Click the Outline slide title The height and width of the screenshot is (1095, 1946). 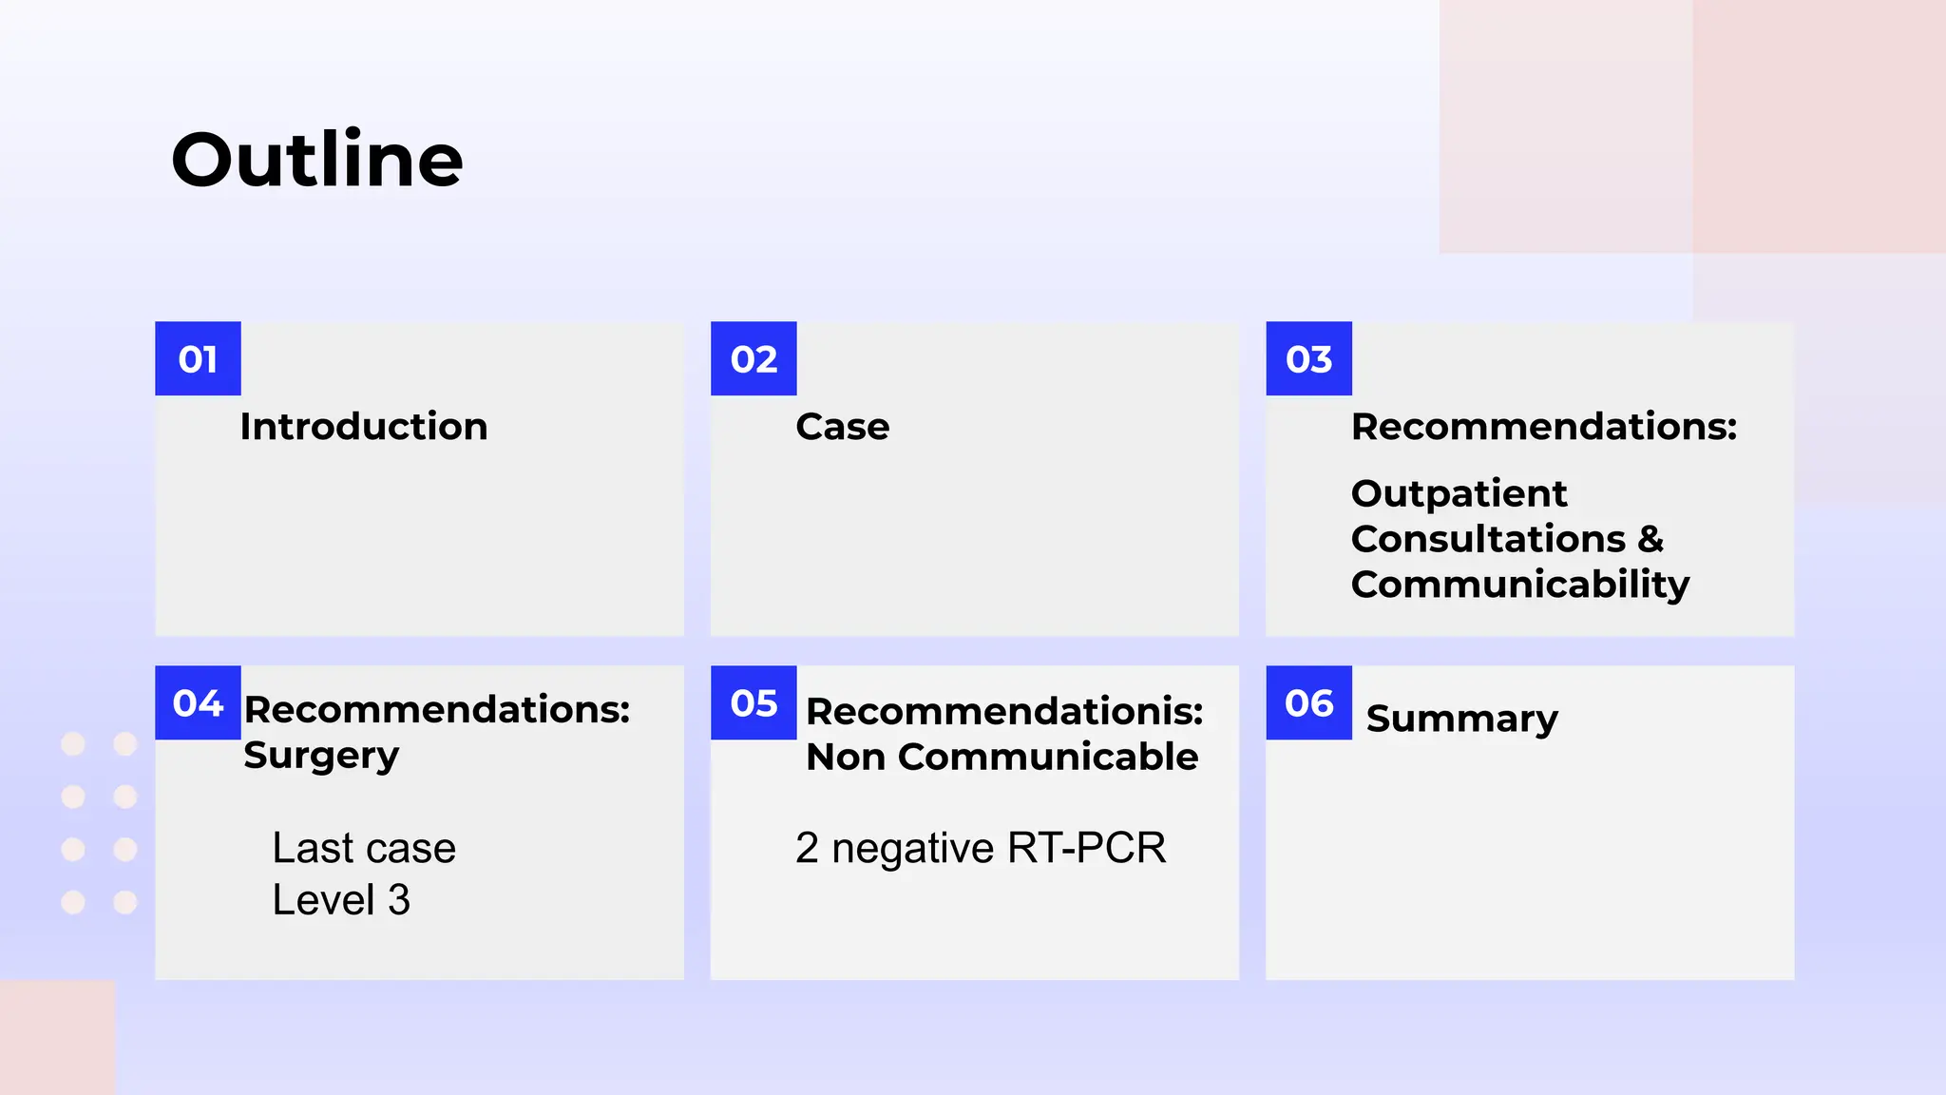tap(317, 160)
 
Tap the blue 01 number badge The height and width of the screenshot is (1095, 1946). tap(198, 359)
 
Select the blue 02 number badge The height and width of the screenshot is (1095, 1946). tap(754, 359)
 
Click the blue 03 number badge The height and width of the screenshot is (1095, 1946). tap(1308, 359)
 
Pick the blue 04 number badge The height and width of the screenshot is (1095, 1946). tap(198, 703)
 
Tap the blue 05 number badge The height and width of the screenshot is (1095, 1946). tap(754, 703)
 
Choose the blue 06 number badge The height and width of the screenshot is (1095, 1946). tap(1308, 703)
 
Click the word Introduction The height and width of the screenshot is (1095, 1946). tap(364, 427)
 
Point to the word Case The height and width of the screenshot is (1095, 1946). tap(843, 427)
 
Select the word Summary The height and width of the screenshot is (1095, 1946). tap(1461, 720)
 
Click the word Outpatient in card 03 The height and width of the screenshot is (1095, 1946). tap(1459, 494)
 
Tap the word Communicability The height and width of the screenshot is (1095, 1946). tap(1520, 585)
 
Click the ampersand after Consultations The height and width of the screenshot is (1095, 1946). tap(1651, 540)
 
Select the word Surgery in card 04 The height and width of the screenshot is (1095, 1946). tap(321, 757)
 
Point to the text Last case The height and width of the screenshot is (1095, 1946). tap(364, 848)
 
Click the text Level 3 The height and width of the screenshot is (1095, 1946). tap(341, 900)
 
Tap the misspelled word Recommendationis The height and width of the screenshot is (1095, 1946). tap(1003, 712)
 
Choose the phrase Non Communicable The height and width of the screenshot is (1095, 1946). tap(1002, 758)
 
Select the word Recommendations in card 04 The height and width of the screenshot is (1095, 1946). tap(436, 710)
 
